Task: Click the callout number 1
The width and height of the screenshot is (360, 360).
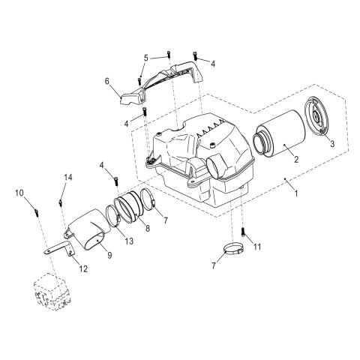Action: tap(296, 193)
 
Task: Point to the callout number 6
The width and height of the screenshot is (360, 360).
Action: tap(107, 80)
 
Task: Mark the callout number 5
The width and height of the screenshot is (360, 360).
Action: tap(146, 56)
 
